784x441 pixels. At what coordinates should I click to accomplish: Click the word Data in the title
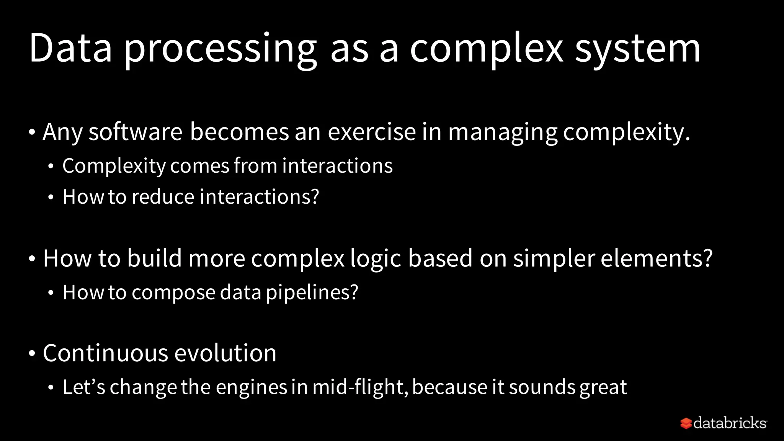pos(70,49)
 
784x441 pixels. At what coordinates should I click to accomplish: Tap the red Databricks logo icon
pos(686,423)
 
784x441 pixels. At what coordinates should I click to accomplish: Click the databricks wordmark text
pos(730,423)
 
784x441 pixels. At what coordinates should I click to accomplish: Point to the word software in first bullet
pos(136,132)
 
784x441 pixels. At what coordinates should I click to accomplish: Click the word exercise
pos(371,132)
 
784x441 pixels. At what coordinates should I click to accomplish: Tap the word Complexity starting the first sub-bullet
pos(114,166)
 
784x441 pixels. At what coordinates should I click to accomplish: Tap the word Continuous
pos(105,353)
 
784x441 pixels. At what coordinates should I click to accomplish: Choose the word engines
pos(251,387)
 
